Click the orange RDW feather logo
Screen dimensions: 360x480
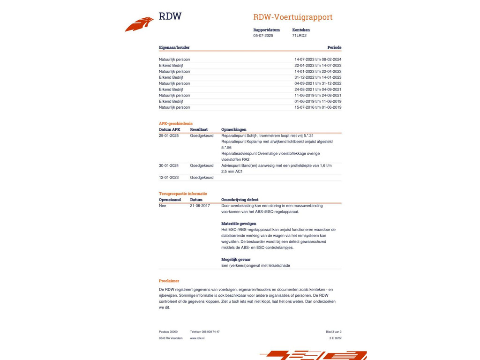click(x=139, y=24)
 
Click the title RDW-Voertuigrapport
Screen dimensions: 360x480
click(x=292, y=17)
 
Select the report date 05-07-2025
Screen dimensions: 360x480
click(x=263, y=36)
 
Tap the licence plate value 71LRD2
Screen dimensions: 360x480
click(x=299, y=36)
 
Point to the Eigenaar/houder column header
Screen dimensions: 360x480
click(x=174, y=47)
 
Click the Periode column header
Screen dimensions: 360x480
click(x=334, y=47)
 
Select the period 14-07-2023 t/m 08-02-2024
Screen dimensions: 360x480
click(x=318, y=60)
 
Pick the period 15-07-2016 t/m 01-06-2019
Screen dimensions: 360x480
click(x=318, y=107)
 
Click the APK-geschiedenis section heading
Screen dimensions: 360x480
click(x=175, y=123)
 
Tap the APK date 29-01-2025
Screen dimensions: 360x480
click(x=169, y=135)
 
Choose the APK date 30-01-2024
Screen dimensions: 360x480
click(x=169, y=165)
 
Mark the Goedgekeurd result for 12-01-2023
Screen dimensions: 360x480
click(x=202, y=178)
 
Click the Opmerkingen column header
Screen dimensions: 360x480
click(x=233, y=129)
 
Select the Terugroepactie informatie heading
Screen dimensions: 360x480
click(x=182, y=193)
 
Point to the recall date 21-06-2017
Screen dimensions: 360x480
click(x=200, y=205)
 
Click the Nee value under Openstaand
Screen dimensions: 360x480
click(x=162, y=205)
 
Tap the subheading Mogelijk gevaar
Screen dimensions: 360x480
click(x=236, y=259)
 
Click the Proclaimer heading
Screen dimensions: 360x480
click(x=169, y=281)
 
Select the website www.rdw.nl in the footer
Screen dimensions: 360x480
click(x=197, y=338)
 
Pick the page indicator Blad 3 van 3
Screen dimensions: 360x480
click(x=333, y=331)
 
